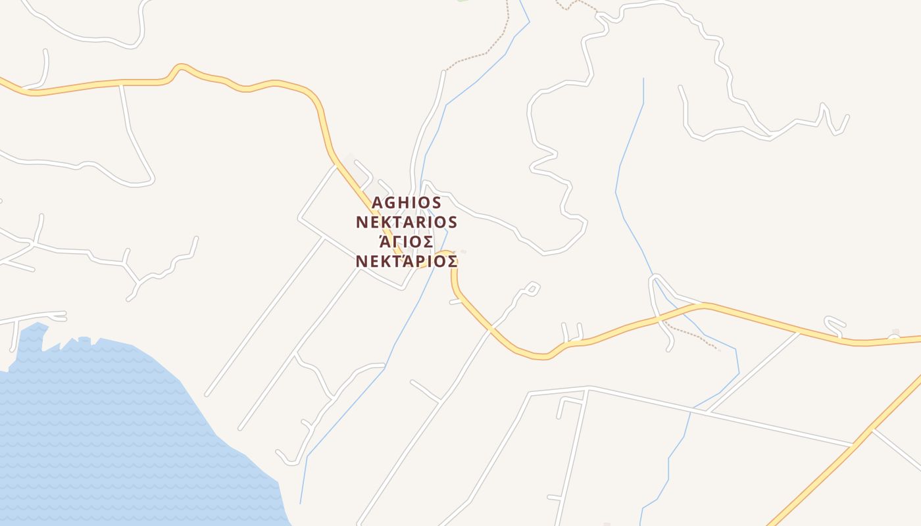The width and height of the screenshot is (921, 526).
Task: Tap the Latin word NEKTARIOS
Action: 407,222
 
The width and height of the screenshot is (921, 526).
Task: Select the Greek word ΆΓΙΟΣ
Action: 403,242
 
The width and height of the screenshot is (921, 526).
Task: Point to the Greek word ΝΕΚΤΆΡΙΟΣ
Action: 407,261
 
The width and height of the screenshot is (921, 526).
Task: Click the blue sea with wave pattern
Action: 99,427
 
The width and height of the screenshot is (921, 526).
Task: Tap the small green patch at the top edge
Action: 462,1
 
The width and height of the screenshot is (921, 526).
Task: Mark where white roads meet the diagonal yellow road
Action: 870,431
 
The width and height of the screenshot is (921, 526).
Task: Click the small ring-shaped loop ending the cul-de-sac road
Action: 532,287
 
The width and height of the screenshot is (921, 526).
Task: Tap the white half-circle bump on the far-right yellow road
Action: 893,338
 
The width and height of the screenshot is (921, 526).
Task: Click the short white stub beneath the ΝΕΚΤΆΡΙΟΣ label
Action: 455,301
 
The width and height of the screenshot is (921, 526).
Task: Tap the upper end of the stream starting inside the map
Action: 643,79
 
